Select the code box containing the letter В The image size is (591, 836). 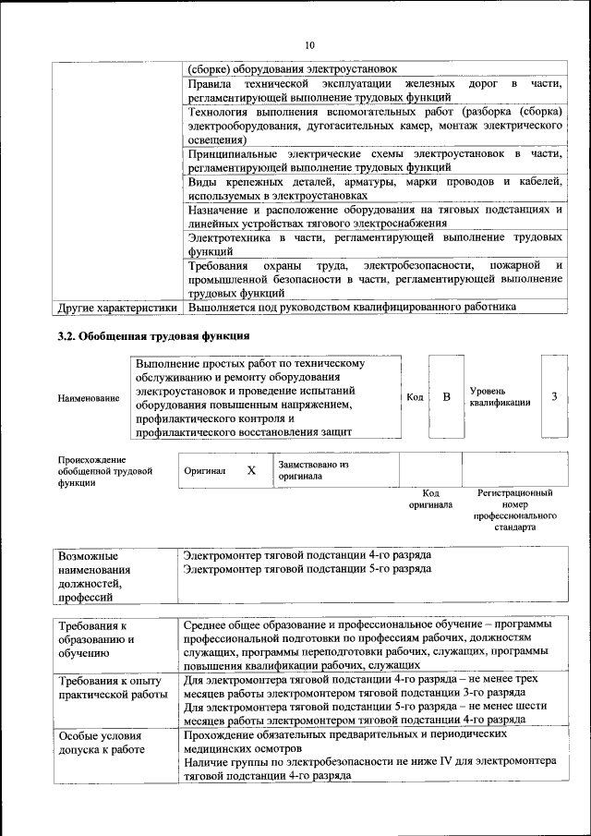(x=446, y=396)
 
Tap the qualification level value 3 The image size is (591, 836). (x=554, y=396)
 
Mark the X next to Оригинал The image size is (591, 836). (x=250, y=470)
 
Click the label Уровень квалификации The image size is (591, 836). (x=499, y=397)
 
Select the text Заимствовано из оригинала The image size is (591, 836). (x=312, y=470)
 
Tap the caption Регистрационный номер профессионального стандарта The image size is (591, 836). (x=514, y=512)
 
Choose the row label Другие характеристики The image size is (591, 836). (x=117, y=307)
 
